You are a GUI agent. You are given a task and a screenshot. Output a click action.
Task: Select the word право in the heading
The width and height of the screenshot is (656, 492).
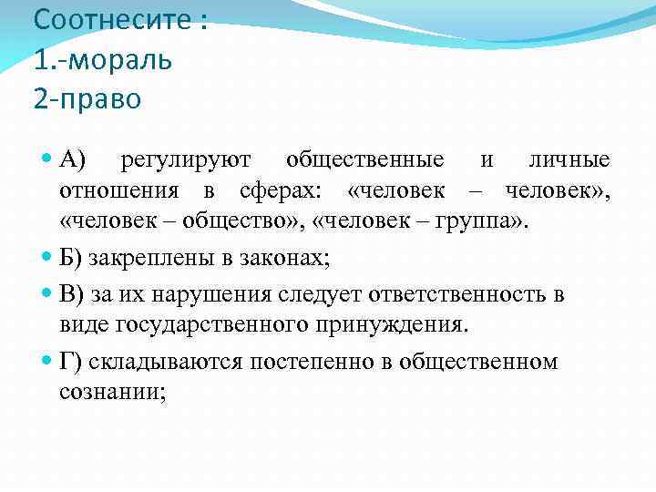pyautogui.click(x=100, y=98)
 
